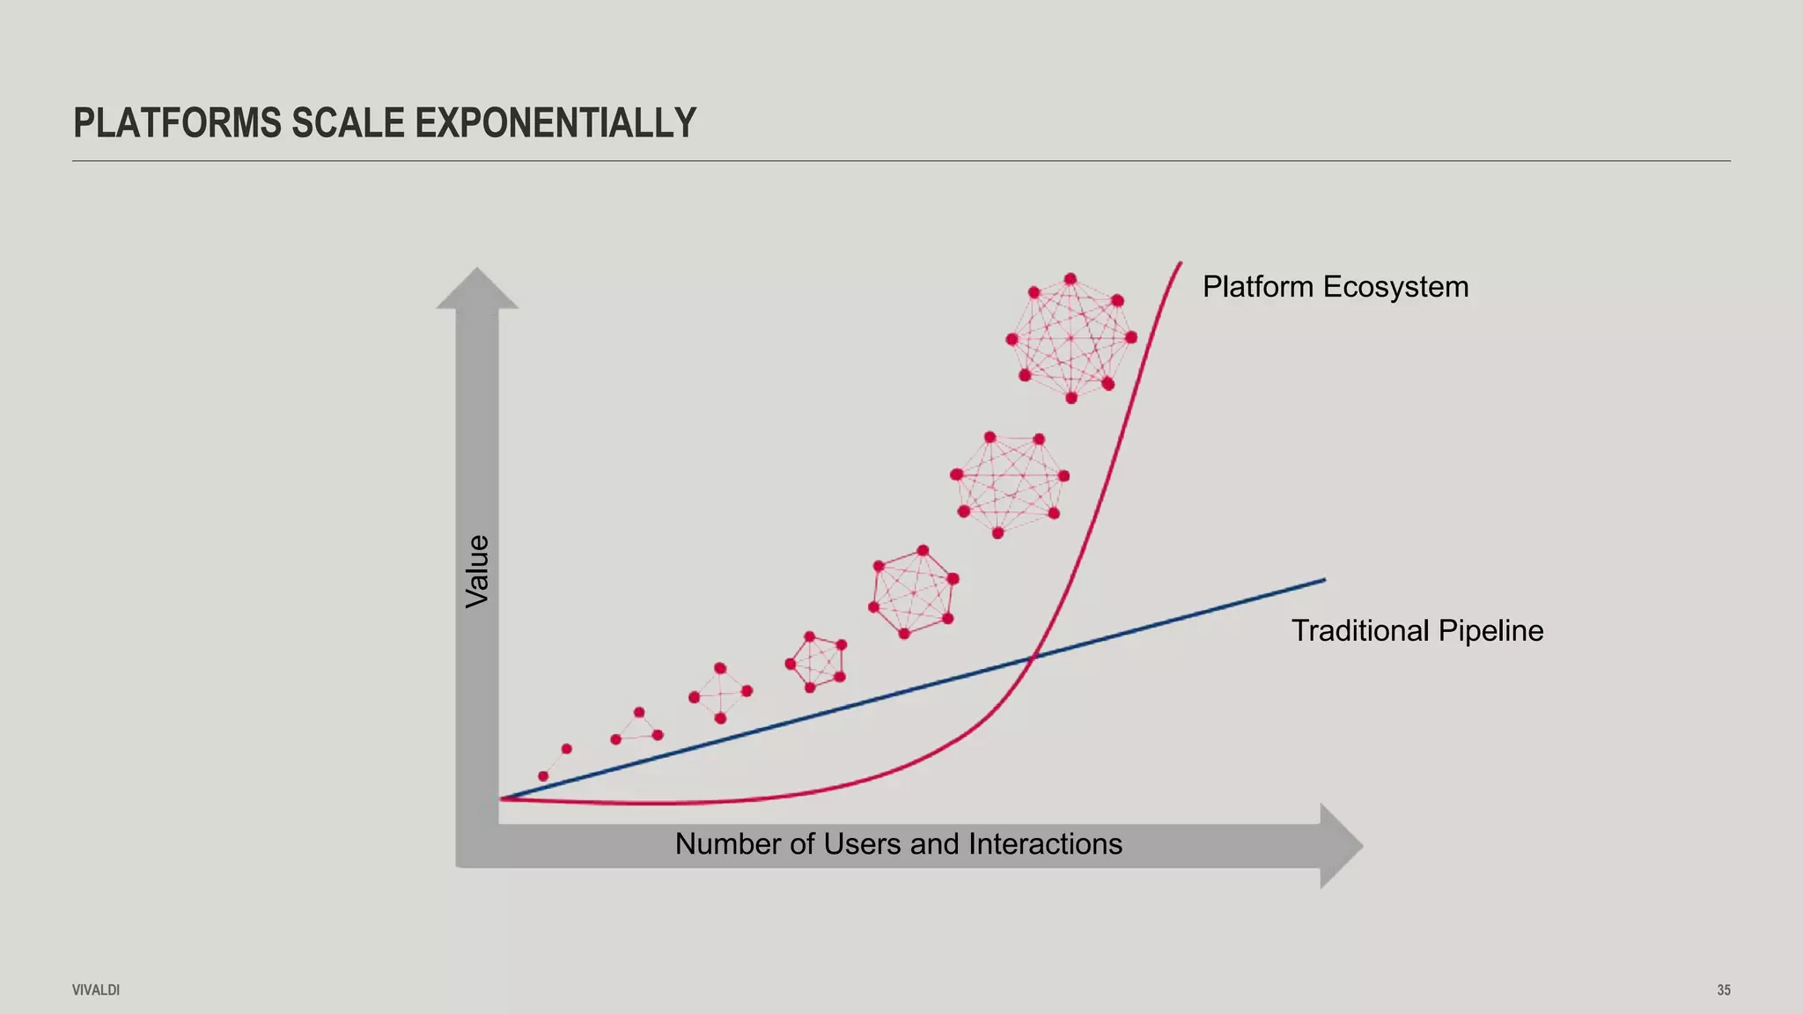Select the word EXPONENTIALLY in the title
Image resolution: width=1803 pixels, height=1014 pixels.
tap(556, 123)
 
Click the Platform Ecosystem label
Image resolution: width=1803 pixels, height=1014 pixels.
tap(1335, 287)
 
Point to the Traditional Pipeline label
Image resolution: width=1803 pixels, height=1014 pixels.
tap(1417, 631)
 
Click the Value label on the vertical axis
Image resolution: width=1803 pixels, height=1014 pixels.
tap(477, 570)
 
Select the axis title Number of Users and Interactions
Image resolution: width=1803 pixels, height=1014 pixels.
tap(898, 844)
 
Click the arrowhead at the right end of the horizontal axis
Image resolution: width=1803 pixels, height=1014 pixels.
tap(1340, 846)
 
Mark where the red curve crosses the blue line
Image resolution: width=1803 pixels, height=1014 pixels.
tap(1034, 655)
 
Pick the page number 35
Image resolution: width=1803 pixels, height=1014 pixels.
tap(1723, 990)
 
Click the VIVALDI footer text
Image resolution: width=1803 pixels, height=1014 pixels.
tap(96, 990)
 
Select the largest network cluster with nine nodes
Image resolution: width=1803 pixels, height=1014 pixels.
tap(1071, 338)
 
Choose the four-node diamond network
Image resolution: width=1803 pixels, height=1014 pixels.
tap(720, 694)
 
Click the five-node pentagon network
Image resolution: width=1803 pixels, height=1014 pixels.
tap(816, 661)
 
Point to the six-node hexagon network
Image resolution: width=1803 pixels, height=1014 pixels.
tap(913, 592)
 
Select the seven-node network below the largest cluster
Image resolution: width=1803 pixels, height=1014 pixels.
tap(1009, 483)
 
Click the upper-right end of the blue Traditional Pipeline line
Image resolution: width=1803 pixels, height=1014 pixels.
tap(1323, 580)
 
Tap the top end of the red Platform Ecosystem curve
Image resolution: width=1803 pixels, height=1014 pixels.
tap(1180, 263)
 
